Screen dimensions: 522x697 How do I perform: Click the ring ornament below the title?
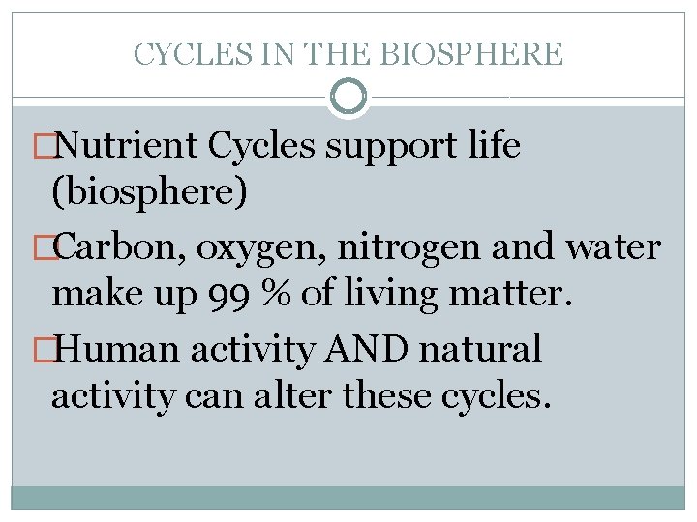348,97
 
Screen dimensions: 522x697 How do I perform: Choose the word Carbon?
122,247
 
